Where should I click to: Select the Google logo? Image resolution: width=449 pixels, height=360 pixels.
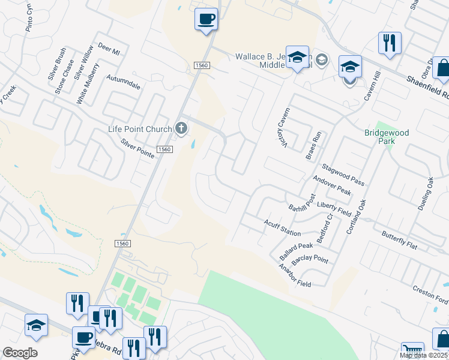point(20,353)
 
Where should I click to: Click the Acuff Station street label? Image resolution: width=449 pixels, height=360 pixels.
point(282,227)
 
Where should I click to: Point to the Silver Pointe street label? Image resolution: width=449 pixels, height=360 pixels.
point(137,148)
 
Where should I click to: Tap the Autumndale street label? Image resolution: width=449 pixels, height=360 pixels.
point(124,82)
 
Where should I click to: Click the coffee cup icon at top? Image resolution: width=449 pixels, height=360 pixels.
point(206,19)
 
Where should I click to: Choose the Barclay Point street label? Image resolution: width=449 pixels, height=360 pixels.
point(309,260)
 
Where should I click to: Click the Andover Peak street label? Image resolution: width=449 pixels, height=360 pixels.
point(332,185)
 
